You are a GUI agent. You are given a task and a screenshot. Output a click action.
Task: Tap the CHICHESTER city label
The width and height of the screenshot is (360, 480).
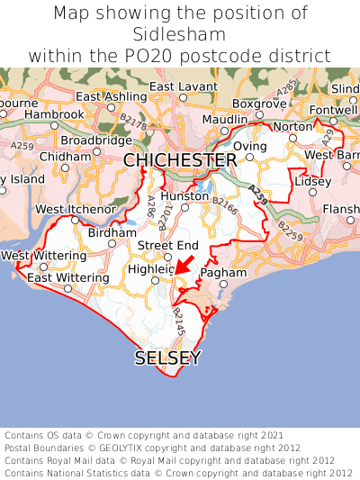[x=180, y=160]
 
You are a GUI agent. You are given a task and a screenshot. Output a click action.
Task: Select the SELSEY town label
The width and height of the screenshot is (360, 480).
[x=167, y=358]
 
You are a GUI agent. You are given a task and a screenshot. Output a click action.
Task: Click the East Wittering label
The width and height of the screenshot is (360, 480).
[x=67, y=277]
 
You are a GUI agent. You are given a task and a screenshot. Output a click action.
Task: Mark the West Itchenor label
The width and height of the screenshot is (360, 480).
[x=76, y=210]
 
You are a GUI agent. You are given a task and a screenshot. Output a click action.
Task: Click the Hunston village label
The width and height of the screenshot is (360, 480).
[x=183, y=195]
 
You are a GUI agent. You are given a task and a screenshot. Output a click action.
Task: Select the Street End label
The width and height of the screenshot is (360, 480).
[x=167, y=245]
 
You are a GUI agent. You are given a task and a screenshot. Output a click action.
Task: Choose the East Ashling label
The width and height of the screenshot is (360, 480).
[x=112, y=96]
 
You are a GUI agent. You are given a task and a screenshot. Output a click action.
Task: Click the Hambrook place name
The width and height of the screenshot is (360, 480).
[x=55, y=115]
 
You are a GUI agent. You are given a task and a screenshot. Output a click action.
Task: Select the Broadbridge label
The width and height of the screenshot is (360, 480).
[x=96, y=140]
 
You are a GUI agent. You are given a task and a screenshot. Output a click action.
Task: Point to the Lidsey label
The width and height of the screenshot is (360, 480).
[x=313, y=181]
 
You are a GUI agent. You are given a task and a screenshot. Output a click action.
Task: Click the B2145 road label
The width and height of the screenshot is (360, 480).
[x=180, y=320]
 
